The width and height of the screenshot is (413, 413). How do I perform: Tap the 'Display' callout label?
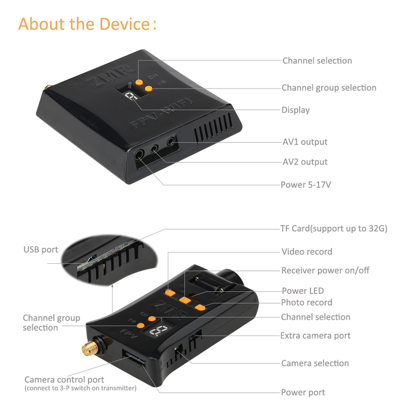pos(295,110)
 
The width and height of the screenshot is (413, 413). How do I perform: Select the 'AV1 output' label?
pos(305,142)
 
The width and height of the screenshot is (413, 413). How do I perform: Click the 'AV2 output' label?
pos(305,162)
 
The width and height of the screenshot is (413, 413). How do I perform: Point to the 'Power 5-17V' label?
pos(306,185)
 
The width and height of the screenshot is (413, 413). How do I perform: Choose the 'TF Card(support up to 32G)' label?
pos(333,228)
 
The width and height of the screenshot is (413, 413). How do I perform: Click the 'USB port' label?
pos(41,249)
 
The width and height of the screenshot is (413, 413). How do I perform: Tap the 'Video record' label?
pos(307,251)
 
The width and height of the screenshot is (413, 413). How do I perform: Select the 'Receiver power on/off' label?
pos(325,270)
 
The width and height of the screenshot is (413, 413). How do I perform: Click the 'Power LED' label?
pos(303,291)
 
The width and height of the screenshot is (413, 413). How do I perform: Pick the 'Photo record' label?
pos(307,303)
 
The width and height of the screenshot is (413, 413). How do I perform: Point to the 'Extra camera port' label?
pos(315,336)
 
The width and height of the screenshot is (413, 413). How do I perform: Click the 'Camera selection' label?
pos(315,363)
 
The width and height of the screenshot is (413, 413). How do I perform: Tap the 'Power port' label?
pos(303,392)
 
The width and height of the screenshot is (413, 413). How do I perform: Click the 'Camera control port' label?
pos(64,379)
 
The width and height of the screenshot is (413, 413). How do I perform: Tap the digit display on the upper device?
pos(131,96)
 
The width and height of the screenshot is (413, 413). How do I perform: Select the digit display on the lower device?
pos(158,330)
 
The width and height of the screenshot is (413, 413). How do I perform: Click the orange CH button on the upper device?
pos(139,82)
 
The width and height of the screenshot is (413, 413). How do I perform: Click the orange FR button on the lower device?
pos(140,325)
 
